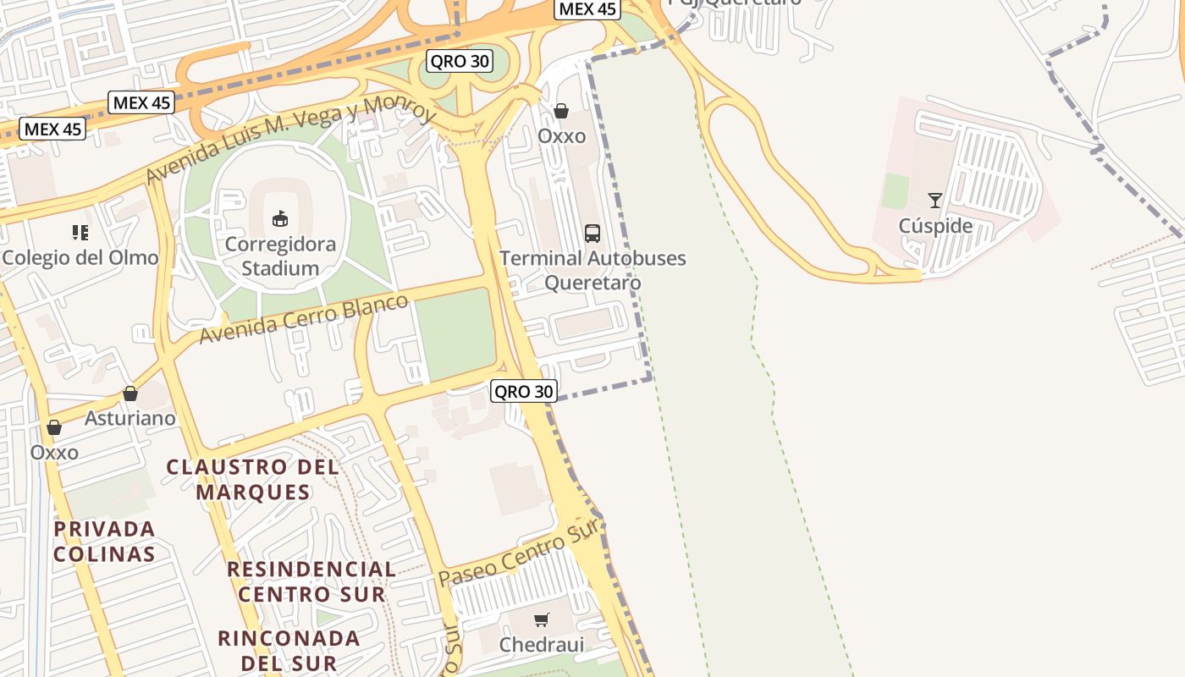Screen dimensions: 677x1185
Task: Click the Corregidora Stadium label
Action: pos(280,256)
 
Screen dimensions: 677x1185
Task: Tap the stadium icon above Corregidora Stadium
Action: pos(280,219)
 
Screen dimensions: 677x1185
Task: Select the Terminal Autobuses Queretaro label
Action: pos(592,270)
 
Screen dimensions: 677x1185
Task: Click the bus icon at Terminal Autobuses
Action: pos(592,234)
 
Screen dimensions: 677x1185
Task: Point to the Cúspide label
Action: pos(935,226)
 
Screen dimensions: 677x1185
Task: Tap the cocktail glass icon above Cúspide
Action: pos(935,201)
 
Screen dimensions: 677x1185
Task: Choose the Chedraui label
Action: pos(542,645)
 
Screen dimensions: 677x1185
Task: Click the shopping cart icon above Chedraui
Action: pos(542,619)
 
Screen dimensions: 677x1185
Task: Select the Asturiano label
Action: pos(130,418)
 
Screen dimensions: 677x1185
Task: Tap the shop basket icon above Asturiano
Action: pos(130,394)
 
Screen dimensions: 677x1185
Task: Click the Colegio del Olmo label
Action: pos(80,257)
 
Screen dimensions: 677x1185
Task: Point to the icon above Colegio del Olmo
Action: pos(80,232)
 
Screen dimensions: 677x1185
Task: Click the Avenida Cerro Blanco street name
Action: pos(303,319)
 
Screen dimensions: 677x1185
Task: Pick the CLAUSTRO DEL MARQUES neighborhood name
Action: pos(253,479)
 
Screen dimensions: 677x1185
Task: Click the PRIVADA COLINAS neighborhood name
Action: pos(104,542)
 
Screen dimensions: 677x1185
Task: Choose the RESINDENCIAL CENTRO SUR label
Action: pos(311,581)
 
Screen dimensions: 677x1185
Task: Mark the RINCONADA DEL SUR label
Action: pos(289,650)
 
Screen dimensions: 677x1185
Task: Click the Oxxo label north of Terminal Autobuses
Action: pos(561,136)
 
